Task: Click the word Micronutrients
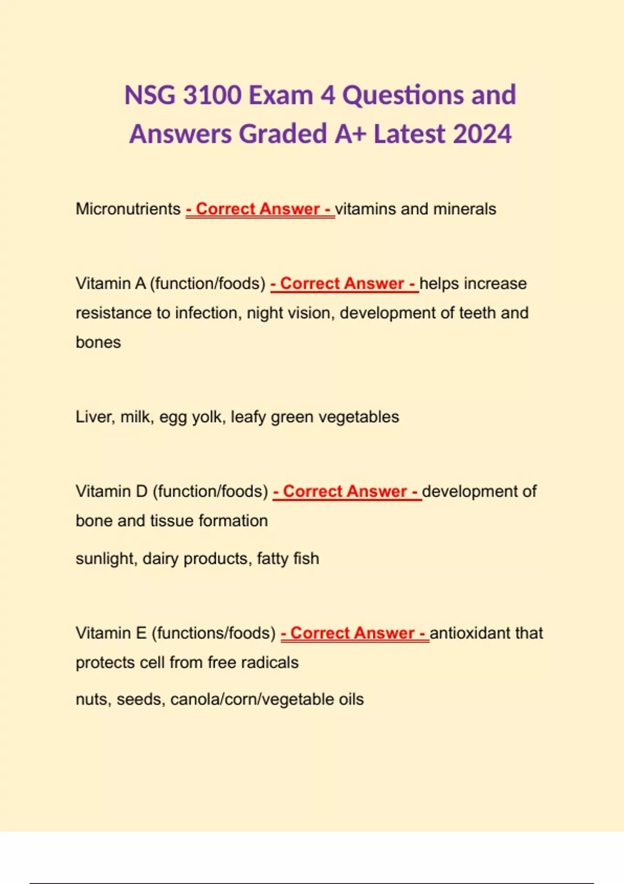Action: (128, 209)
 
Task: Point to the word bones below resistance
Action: (98, 342)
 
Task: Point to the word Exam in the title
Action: (281, 95)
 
